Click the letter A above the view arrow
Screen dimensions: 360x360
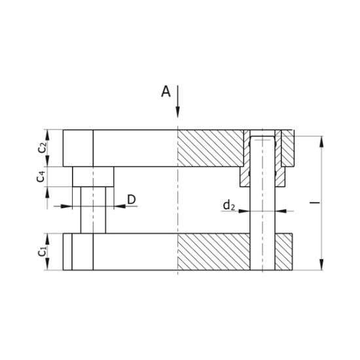point(166,92)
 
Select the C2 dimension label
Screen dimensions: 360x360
point(42,147)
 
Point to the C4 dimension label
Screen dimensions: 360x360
point(42,176)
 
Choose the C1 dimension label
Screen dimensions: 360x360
point(42,251)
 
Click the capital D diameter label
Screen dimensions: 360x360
point(131,200)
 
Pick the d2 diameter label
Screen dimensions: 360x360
point(228,206)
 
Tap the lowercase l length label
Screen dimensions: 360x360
point(314,204)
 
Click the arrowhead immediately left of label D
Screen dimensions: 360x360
point(118,207)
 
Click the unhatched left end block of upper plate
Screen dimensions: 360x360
point(78,148)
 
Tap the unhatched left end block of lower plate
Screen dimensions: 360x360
point(78,252)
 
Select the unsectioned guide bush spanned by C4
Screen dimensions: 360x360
point(93,176)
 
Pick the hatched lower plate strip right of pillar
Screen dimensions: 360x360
point(283,252)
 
